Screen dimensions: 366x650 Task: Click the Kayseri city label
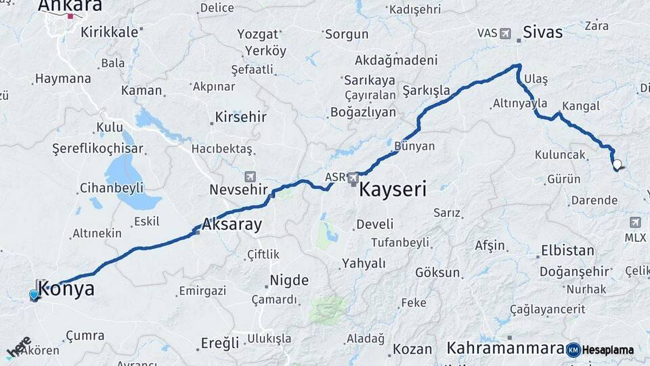tap(393, 189)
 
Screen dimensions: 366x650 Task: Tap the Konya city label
tap(66, 289)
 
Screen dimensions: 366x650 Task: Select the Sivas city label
tap(542, 31)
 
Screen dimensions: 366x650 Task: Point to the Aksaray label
tap(232, 225)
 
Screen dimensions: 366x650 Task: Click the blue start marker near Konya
tap(33, 295)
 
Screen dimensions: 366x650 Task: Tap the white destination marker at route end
tap(617, 163)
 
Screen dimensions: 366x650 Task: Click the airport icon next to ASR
tap(353, 178)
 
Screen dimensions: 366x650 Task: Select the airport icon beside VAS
tap(506, 33)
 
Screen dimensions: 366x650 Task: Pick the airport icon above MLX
tap(635, 222)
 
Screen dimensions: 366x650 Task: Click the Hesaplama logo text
tap(607, 350)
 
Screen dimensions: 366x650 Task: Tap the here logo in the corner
tap(19, 346)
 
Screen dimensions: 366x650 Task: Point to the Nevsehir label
tap(239, 189)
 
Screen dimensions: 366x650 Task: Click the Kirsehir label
tap(240, 117)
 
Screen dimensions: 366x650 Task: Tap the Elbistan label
tap(567, 251)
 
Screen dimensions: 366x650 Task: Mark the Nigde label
tap(289, 280)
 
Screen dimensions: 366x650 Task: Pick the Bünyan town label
tap(414, 146)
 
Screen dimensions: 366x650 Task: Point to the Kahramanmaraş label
tap(505, 348)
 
